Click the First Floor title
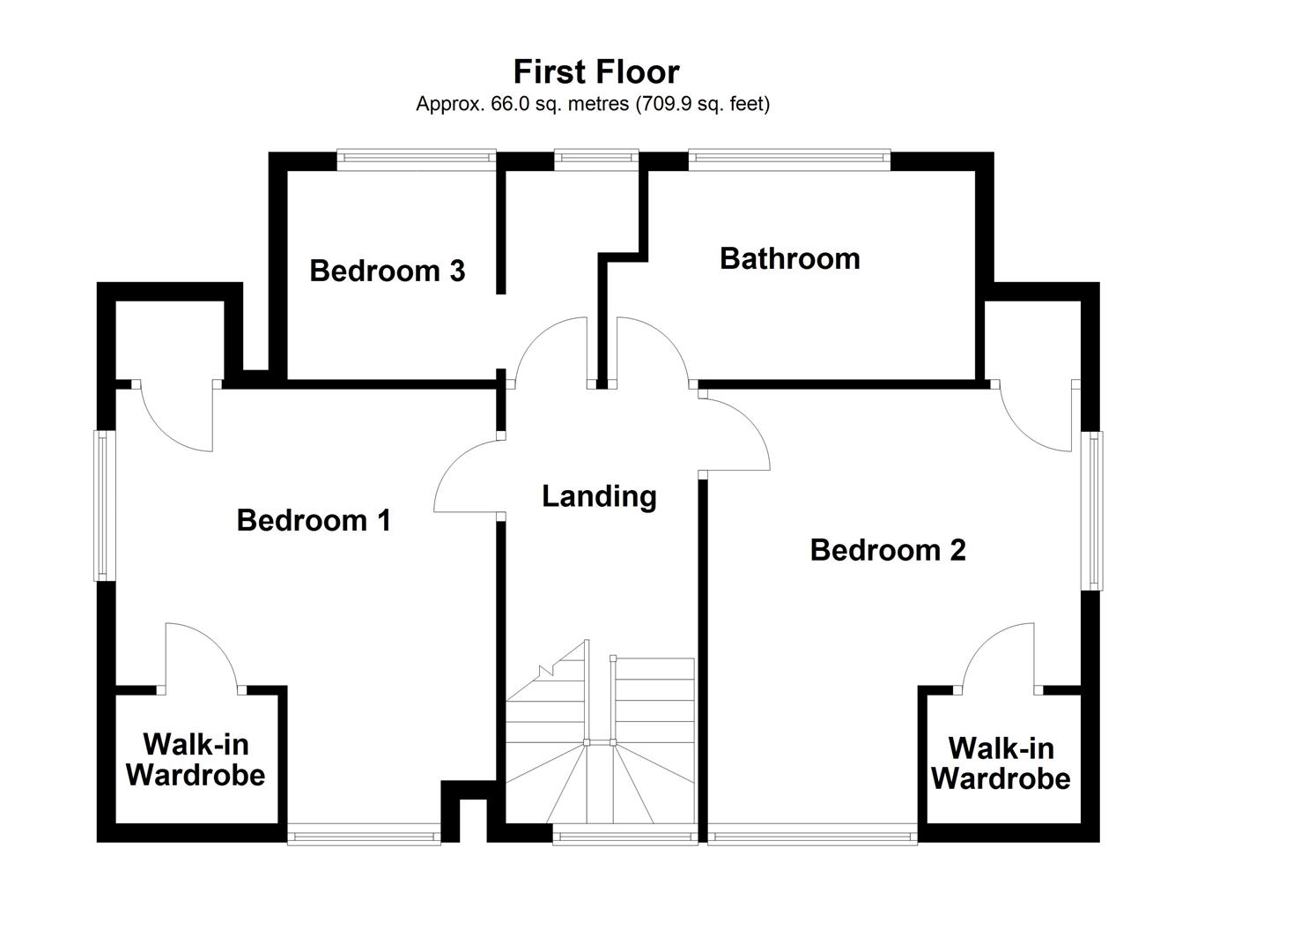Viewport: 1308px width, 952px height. point(596,71)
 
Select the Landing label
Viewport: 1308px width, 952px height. point(599,496)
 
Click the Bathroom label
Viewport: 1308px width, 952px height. point(789,258)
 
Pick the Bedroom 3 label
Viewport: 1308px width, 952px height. point(387,271)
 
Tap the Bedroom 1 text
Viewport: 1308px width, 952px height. point(314,520)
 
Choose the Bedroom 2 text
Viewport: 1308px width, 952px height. point(887,550)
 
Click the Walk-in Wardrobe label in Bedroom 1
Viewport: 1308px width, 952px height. point(196,759)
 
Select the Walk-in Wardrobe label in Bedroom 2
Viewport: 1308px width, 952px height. point(1001,763)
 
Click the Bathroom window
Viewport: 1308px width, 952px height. point(788,158)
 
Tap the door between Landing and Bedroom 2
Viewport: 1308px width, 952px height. point(735,432)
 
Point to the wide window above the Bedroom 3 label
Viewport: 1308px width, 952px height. point(416,158)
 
